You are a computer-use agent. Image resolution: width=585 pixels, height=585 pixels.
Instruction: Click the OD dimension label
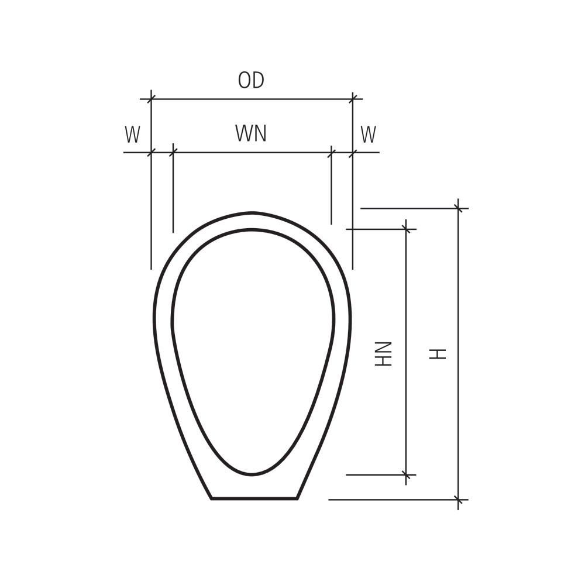251,80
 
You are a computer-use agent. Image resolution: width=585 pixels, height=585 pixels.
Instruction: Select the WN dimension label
251,133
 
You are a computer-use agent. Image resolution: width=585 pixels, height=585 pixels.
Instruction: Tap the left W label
132,135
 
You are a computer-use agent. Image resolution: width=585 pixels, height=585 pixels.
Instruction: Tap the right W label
368,135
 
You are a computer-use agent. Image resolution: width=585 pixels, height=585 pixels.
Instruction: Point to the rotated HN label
383,354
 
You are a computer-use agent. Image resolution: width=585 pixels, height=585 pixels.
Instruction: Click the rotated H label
438,354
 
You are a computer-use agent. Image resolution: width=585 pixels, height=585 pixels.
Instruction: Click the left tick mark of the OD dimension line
151,99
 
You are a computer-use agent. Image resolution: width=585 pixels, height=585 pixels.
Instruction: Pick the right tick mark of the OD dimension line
353,99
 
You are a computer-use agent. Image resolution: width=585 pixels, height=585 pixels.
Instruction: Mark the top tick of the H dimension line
458,208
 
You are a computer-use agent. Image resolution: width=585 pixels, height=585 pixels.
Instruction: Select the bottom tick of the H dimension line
458,499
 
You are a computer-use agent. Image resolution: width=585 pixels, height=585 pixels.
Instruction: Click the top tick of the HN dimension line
406,229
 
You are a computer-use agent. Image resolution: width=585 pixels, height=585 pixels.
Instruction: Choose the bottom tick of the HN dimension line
406,474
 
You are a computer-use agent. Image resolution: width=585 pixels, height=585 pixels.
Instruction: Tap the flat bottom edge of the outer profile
254,498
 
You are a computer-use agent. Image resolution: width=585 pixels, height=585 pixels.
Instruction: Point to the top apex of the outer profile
252,213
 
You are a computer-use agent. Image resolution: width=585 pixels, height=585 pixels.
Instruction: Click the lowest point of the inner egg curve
252,475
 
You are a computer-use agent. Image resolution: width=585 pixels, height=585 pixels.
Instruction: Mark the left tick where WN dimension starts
173,152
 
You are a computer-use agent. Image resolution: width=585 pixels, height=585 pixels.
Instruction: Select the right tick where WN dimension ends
331,152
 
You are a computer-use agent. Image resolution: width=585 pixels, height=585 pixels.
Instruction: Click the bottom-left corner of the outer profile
212,498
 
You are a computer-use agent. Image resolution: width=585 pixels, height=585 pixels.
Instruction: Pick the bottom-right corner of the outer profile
297,498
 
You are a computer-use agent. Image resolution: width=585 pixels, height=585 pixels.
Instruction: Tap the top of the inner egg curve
252,229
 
